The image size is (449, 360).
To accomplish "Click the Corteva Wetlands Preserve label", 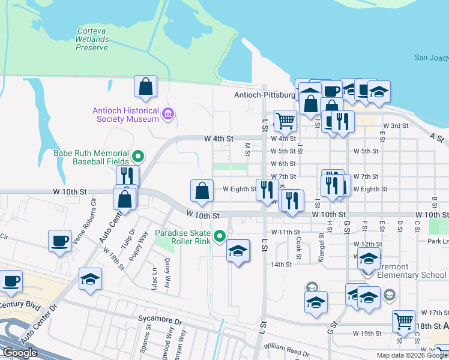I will coord(92,39).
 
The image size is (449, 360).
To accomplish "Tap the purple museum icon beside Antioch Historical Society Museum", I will coord(168,114).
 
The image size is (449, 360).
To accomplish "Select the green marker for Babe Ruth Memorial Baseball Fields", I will coord(138,157).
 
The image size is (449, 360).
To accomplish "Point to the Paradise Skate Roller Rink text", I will coord(182,237).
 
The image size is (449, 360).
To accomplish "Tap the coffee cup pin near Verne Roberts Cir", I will coord(60,241).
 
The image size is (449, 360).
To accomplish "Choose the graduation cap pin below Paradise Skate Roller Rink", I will coord(238,251).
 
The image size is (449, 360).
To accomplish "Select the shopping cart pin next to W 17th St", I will coord(404,321).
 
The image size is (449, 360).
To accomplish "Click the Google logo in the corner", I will coord(20,353).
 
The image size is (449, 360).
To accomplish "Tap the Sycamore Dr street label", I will coord(159,321).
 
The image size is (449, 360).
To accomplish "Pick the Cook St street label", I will coord(299,244).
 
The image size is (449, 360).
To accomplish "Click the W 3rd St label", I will coord(395,125).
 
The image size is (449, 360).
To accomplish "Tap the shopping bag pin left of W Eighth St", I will coord(202,191).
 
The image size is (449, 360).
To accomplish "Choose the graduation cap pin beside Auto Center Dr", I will coord(91,280).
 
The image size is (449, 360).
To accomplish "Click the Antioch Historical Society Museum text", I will coord(125,114).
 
